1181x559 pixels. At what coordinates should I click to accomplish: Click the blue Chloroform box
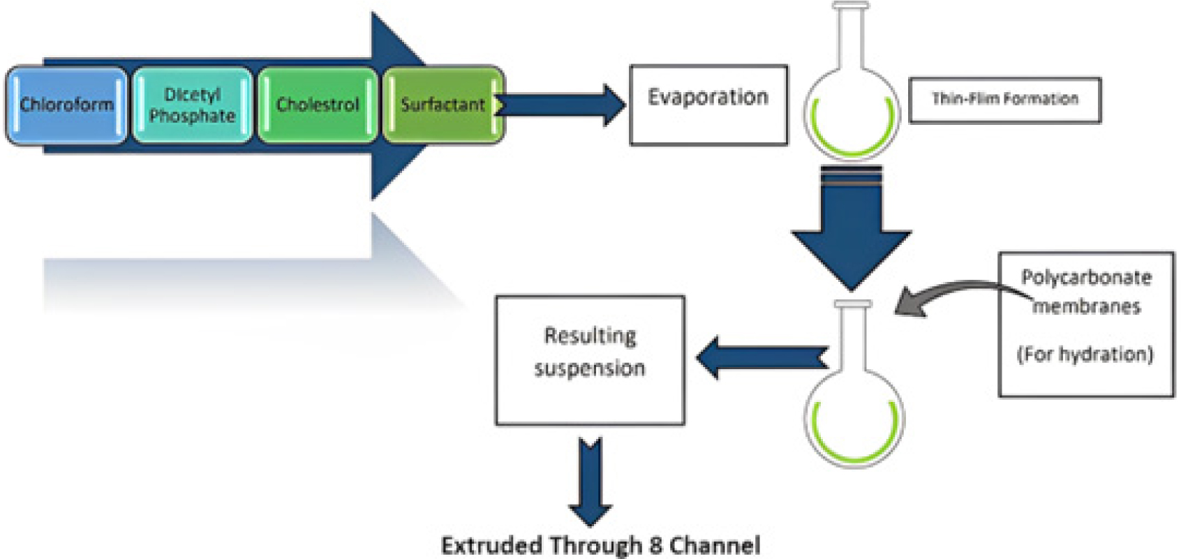[x=66, y=105]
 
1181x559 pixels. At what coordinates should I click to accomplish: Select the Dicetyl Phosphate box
[x=192, y=105]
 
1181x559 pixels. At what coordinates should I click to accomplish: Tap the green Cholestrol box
[x=318, y=105]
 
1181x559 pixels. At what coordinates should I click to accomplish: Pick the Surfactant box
[x=443, y=105]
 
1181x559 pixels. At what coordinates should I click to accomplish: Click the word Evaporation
[x=708, y=98]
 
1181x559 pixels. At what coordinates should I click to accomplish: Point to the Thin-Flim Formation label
[x=1005, y=100]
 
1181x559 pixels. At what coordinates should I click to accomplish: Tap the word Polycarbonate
[x=1086, y=278]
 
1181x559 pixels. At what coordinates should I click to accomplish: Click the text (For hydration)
[x=1085, y=355]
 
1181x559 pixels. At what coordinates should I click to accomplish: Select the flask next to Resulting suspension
[x=854, y=385]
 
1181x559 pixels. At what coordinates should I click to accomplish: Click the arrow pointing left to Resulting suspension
[x=762, y=358]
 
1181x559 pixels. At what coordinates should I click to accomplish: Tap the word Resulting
[x=590, y=336]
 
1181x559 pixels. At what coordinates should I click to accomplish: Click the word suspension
[x=590, y=368]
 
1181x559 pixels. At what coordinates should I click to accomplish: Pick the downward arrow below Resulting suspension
[x=590, y=482]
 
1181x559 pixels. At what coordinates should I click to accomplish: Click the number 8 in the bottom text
[x=656, y=545]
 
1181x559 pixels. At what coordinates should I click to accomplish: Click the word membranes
[x=1086, y=306]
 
